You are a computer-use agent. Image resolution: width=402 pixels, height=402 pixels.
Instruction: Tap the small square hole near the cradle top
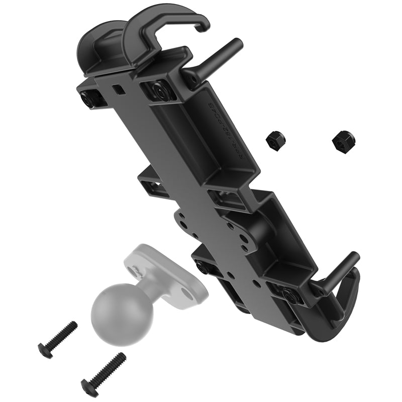click(118, 89)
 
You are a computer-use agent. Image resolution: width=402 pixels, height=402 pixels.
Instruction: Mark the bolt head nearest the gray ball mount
click(202, 267)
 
